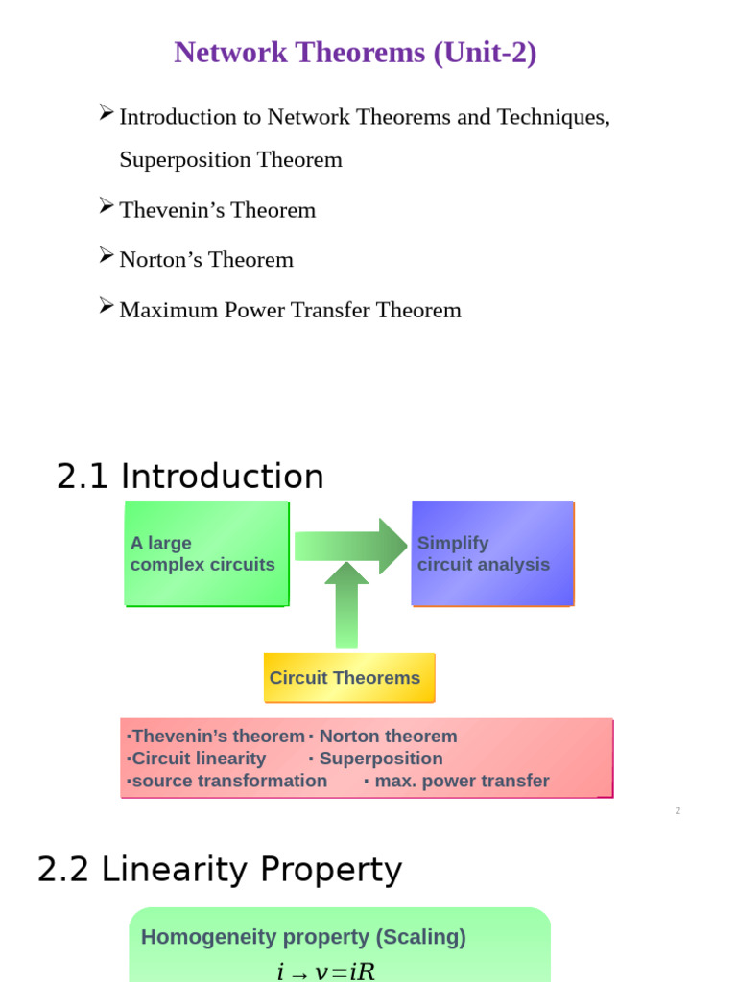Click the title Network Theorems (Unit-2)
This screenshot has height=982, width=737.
click(x=355, y=53)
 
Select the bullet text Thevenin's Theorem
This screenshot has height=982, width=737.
click(x=217, y=210)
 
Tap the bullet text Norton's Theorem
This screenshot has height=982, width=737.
click(x=206, y=260)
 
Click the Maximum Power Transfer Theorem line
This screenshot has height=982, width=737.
click(x=290, y=310)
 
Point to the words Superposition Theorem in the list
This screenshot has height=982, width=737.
click(x=230, y=159)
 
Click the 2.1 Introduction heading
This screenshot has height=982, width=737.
click(x=190, y=477)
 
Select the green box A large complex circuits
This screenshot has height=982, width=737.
click(x=206, y=553)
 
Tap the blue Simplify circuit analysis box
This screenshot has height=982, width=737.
click(x=492, y=553)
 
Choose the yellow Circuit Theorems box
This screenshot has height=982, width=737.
click(x=349, y=678)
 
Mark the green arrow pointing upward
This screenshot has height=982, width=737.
click(x=346, y=606)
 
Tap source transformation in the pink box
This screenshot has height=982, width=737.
click(x=228, y=781)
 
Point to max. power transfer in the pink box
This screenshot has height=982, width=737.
click(x=462, y=781)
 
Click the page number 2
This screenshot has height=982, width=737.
click(x=678, y=811)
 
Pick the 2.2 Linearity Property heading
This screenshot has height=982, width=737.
click(x=219, y=870)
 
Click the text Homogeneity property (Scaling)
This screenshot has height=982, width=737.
click(x=303, y=937)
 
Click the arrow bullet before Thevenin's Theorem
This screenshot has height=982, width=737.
click(x=107, y=206)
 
